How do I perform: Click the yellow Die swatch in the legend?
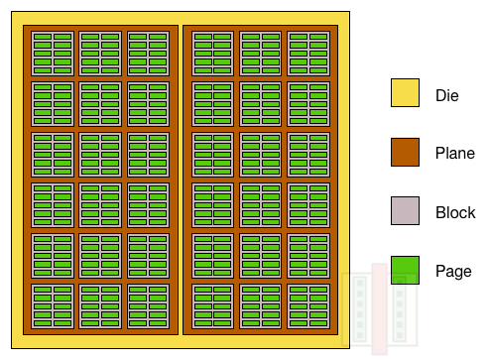tap(405, 93)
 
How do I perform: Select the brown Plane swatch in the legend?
tap(405, 153)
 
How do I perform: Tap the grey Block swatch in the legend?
tap(405, 211)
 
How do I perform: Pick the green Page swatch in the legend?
tap(405, 270)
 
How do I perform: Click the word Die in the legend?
tap(447, 95)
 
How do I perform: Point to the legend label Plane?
tap(454, 154)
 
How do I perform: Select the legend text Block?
tap(455, 212)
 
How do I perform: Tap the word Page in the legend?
tap(453, 271)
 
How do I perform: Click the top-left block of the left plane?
tap(53, 54)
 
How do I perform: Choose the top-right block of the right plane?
tap(308, 54)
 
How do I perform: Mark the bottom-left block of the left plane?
tap(53, 307)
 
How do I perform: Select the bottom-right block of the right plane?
tap(308, 307)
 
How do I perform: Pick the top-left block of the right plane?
tap(213, 54)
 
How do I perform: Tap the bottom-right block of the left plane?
tap(148, 307)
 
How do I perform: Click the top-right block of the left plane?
tap(148, 54)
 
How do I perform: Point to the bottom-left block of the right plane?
tap(213, 307)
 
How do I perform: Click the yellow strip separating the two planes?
tap(181, 179)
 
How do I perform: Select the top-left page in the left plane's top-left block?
tap(43, 38)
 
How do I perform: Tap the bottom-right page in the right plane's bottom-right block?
tap(318, 323)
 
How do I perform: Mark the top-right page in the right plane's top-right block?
tap(318, 38)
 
